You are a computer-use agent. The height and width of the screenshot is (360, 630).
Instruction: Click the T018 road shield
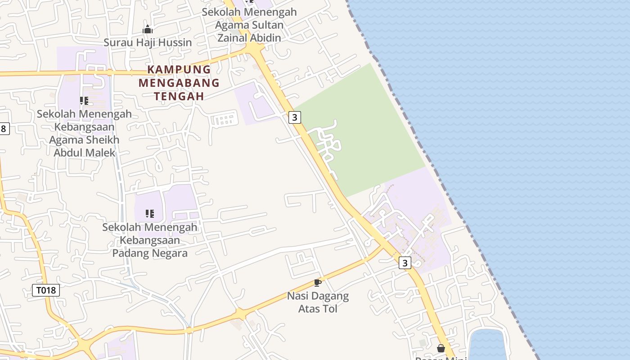[x=46, y=290]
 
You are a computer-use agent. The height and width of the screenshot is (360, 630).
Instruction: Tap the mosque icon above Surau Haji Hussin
[x=148, y=30]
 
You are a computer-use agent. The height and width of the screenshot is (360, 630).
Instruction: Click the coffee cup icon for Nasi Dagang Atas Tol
[x=318, y=283]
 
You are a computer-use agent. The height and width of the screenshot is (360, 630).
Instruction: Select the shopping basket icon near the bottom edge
[x=441, y=348]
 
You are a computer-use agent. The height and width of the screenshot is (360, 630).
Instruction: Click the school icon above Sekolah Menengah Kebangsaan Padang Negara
[x=150, y=213]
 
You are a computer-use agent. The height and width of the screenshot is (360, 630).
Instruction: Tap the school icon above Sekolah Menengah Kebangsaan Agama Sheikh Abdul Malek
[x=84, y=100]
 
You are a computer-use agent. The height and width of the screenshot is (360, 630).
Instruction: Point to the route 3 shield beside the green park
[x=295, y=117]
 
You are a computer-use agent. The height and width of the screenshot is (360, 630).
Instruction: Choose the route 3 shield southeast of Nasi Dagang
[x=405, y=263]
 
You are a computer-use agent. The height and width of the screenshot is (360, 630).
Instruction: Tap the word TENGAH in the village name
[x=179, y=96]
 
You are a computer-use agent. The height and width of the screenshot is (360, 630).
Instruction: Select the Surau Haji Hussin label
[x=148, y=42]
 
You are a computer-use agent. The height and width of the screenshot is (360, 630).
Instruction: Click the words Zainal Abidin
[x=249, y=38]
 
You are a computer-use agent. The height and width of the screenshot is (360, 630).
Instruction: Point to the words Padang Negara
[x=150, y=253]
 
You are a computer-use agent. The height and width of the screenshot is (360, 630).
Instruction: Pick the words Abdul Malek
[x=85, y=153]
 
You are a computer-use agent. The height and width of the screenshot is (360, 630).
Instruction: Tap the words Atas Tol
[x=318, y=309]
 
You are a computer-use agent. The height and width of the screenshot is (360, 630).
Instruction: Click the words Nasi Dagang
[x=318, y=296]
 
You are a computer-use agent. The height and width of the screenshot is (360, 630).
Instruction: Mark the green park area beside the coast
[x=373, y=135]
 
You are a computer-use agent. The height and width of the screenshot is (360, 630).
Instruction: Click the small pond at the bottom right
[x=488, y=344]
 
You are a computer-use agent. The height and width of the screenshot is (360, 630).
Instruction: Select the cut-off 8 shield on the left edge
[x=4, y=129]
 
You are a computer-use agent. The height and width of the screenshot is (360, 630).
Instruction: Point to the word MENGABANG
[x=179, y=83]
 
